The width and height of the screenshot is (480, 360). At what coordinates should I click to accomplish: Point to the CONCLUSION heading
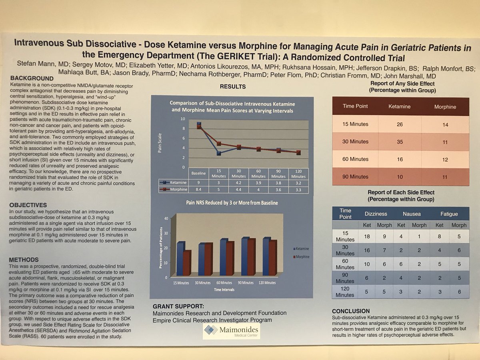tap(356, 311)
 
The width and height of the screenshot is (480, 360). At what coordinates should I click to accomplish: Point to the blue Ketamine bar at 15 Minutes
tap(181, 259)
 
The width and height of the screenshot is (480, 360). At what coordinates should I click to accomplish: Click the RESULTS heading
tap(232, 86)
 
